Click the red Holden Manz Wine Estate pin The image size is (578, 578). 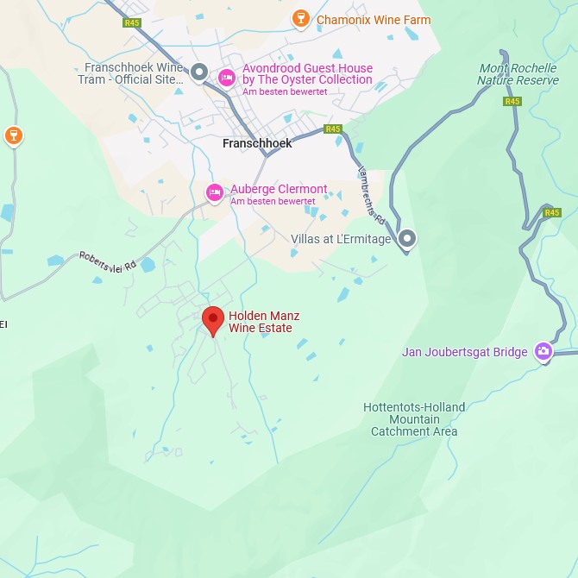(x=213, y=320)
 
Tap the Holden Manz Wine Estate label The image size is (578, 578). (x=264, y=322)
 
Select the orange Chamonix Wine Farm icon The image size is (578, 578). (x=300, y=19)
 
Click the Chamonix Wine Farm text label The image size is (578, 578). (x=374, y=20)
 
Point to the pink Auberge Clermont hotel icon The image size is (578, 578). (x=214, y=192)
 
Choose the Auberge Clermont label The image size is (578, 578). (x=279, y=189)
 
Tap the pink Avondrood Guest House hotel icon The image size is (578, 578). (x=226, y=77)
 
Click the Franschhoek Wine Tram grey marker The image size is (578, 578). (x=199, y=72)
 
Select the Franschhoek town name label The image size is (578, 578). (x=257, y=143)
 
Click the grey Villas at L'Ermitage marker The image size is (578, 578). (x=407, y=238)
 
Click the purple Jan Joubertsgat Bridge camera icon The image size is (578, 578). (x=543, y=351)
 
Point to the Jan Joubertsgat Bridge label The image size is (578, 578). (x=464, y=352)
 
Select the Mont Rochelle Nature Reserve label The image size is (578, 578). (x=518, y=74)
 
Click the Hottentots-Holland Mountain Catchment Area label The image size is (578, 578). (x=414, y=419)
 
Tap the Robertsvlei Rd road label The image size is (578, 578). (x=108, y=261)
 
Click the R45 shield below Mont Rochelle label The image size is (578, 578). (x=512, y=101)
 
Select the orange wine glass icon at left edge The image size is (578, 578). (x=13, y=135)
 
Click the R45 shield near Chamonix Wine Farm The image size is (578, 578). (x=131, y=22)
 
